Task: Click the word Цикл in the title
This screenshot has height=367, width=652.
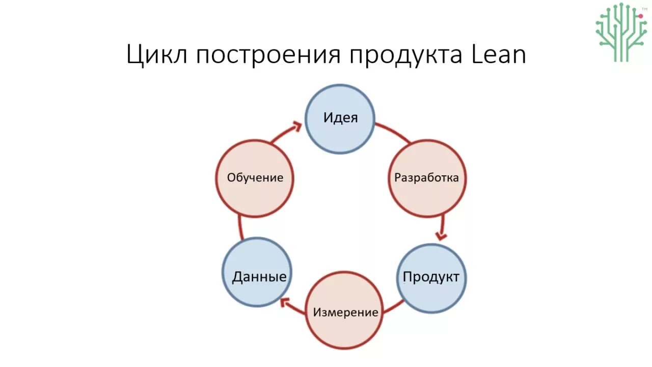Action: (154, 55)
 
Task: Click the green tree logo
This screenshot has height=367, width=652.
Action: (621, 32)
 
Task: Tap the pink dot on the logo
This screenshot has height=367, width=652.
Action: (641, 16)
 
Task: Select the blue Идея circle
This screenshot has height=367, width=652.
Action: (340, 119)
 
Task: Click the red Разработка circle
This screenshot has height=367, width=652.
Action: (427, 178)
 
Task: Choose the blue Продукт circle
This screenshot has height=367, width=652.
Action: (431, 278)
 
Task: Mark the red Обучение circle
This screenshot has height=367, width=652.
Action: (255, 178)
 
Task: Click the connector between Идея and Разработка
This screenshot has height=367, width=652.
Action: (393, 132)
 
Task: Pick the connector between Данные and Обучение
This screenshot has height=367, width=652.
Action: (241, 227)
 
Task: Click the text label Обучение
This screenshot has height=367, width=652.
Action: (255, 178)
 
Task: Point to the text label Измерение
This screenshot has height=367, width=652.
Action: (345, 312)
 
